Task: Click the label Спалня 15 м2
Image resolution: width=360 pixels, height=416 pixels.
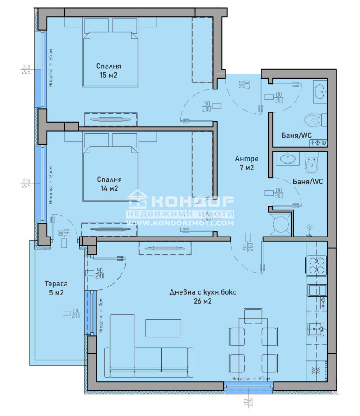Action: coord(108,71)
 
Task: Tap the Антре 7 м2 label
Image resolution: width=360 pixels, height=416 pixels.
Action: coord(246,163)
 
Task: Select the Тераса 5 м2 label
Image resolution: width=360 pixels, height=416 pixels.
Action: coord(56,288)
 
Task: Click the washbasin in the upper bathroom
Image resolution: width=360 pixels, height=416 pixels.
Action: coord(320,91)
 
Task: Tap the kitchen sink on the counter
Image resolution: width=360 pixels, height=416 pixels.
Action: coord(316,330)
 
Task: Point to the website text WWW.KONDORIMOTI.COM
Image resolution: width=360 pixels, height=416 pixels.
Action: coord(180,223)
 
